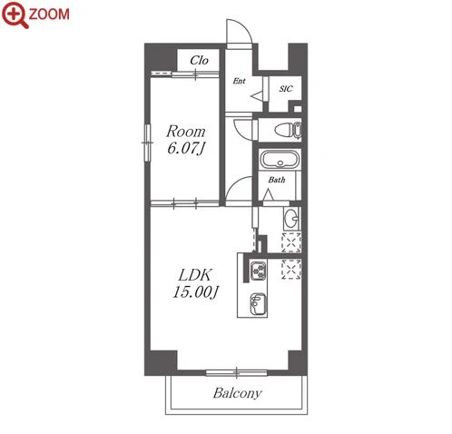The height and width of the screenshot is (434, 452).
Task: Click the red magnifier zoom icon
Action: tap(15, 15)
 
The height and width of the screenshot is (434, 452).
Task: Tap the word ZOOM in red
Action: tap(49, 14)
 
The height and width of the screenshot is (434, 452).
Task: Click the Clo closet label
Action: tap(199, 61)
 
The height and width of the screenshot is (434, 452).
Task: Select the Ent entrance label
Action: tap(239, 81)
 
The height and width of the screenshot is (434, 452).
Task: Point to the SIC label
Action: tap(286, 89)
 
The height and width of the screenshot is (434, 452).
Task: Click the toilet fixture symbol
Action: tap(288, 130)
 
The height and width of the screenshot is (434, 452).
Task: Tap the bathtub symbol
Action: tap(280, 159)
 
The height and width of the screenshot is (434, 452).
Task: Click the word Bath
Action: tap(277, 180)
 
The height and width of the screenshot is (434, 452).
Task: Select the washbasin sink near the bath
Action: tap(291, 218)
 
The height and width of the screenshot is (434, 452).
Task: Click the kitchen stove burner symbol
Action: tap(259, 271)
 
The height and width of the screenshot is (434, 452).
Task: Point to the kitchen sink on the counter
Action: tap(258, 303)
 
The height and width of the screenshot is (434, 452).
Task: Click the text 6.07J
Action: tap(186, 149)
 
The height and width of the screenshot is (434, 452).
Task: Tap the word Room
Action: tap(186, 132)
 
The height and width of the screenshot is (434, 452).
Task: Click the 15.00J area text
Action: tap(196, 292)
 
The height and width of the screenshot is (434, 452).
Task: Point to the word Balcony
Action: tap(237, 393)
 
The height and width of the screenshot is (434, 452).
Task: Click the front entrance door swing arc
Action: tap(246, 25)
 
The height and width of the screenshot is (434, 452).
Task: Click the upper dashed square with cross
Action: tap(291, 242)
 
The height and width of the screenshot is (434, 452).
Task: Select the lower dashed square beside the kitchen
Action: tap(291, 269)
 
